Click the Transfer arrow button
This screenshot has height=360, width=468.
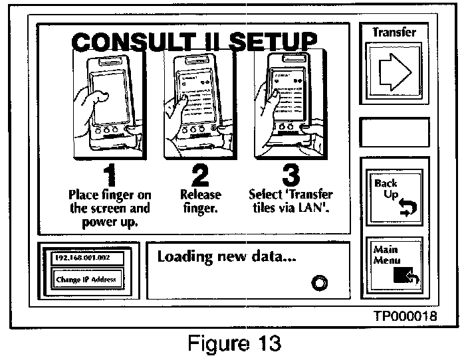click(x=394, y=69)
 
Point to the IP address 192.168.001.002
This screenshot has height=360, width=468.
click(x=82, y=256)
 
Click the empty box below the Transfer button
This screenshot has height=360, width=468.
click(x=394, y=132)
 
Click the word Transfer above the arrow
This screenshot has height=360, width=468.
click(x=394, y=32)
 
